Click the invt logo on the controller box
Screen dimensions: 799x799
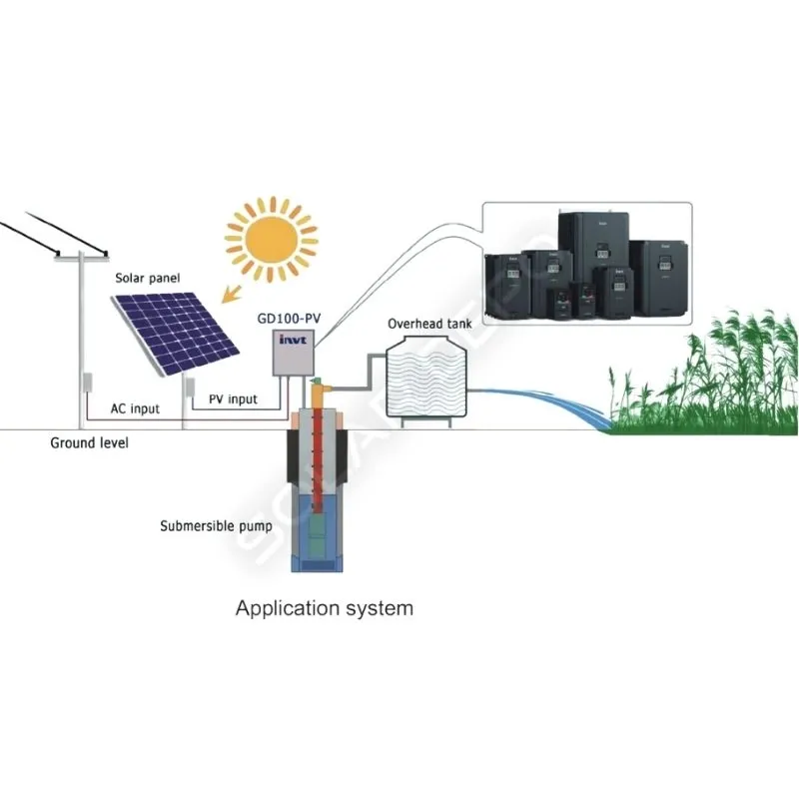click(x=290, y=351)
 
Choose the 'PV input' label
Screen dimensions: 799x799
click(x=232, y=399)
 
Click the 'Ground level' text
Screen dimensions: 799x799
click(x=89, y=442)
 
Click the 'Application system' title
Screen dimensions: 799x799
click(x=324, y=607)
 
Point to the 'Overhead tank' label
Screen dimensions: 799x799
click(x=429, y=325)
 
